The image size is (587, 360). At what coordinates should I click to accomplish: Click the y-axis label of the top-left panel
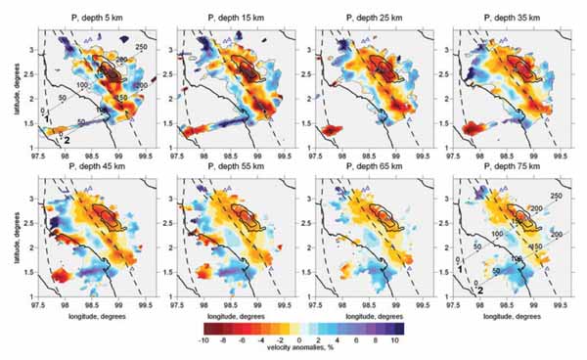[x=7, y=89]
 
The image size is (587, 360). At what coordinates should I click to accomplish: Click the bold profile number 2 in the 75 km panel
[x=481, y=289]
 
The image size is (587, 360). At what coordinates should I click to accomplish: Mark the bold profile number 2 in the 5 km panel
[x=66, y=140]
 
